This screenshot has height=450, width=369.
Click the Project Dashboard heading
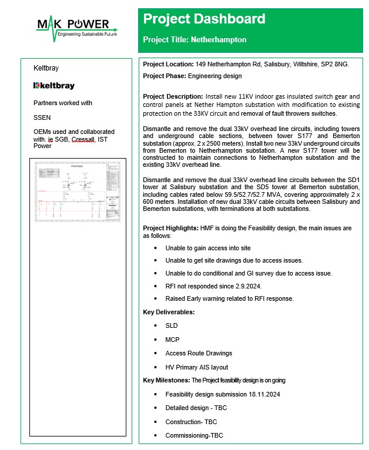point(204,19)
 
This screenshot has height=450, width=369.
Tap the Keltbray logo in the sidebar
point(54,86)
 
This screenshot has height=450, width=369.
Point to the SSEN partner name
point(42,117)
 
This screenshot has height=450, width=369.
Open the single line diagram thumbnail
point(78,189)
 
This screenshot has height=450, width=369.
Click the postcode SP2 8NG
point(335,64)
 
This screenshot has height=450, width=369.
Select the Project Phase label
point(165,76)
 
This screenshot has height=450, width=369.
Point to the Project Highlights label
point(170,227)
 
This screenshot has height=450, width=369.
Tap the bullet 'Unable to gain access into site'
point(207,248)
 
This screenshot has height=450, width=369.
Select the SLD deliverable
point(171,325)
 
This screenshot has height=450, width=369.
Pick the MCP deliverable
point(172,340)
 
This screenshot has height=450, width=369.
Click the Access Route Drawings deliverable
point(199,353)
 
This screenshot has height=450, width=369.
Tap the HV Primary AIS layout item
point(196,367)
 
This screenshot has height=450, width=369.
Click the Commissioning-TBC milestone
point(194,435)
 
